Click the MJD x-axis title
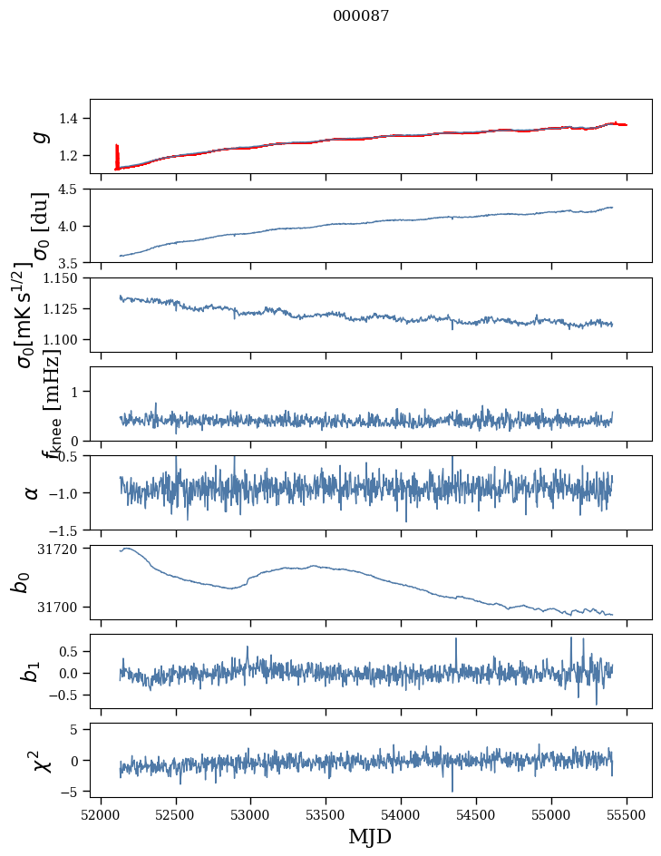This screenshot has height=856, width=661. pyautogui.click(x=370, y=836)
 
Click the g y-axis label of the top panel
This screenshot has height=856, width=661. pyautogui.click(x=38, y=136)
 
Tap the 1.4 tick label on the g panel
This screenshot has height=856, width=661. pyautogui.click(x=73, y=119)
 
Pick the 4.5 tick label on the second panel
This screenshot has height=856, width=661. pyautogui.click(x=73, y=190)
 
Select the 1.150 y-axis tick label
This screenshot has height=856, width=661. pyautogui.click(x=63, y=278)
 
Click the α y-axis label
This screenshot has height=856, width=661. pyautogui.click(x=32, y=492)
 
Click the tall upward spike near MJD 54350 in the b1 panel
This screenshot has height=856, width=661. pyautogui.click(x=456, y=642)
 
